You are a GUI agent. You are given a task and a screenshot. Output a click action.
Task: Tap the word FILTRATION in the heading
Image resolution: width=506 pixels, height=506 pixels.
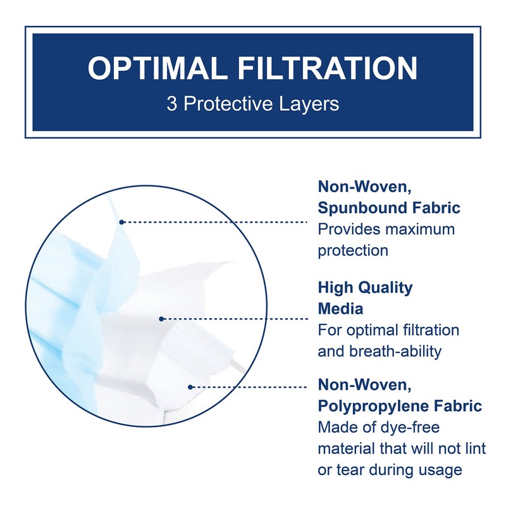(x=328, y=69)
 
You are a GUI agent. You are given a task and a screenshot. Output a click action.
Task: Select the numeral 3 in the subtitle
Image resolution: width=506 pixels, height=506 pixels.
(x=173, y=104)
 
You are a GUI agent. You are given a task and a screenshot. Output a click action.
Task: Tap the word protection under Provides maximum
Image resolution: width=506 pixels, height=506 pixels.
(x=353, y=250)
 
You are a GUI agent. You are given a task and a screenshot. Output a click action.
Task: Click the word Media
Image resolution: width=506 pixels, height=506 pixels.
(x=340, y=309)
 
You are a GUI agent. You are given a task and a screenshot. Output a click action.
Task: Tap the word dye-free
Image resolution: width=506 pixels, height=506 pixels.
(x=408, y=428)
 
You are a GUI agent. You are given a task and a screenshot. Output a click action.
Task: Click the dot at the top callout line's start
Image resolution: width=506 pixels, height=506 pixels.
(x=121, y=222)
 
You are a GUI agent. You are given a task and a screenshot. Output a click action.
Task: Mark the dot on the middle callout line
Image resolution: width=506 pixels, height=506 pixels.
(x=162, y=319)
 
